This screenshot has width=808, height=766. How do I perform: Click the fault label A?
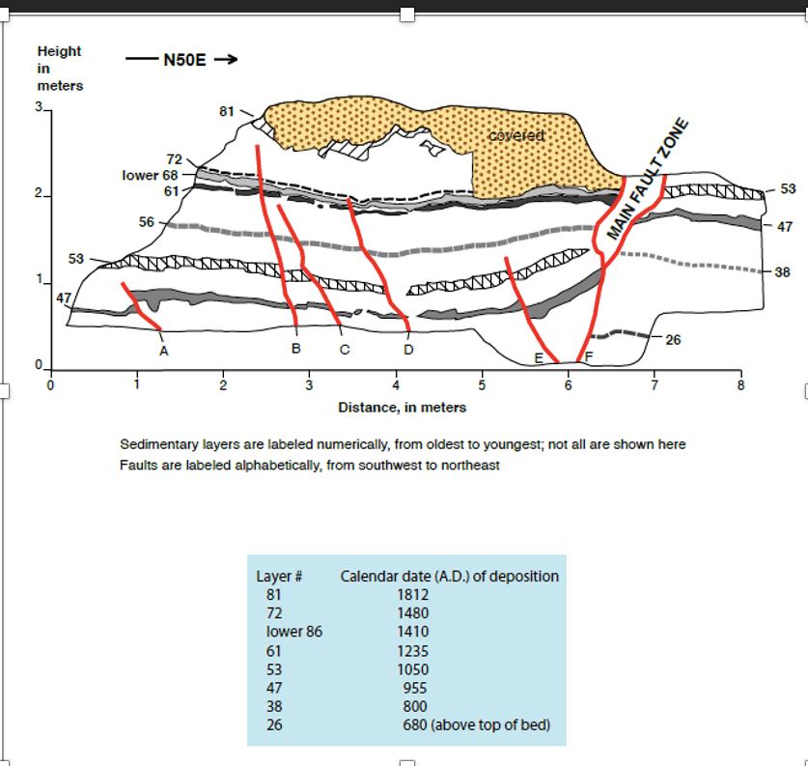(163, 351)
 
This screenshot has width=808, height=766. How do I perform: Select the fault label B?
(296, 348)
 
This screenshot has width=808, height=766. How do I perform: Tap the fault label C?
(344, 349)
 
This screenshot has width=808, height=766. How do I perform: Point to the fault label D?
(408, 349)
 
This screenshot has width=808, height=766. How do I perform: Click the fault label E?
(538, 358)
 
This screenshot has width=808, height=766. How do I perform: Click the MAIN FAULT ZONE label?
(649, 181)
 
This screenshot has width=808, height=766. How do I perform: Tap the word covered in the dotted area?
(516, 136)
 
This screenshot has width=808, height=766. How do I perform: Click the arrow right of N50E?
(225, 60)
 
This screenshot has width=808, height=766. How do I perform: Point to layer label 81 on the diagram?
(227, 111)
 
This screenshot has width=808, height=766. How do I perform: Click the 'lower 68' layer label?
(151, 175)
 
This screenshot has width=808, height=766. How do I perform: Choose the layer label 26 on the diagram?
(674, 340)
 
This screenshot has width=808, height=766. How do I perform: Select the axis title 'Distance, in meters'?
(402, 408)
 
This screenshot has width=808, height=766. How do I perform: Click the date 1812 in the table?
(413, 595)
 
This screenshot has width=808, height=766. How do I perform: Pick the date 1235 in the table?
(413, 651)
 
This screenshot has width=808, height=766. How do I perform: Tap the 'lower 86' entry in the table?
(293, 632)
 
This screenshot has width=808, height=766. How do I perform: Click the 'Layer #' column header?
(280, 577)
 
